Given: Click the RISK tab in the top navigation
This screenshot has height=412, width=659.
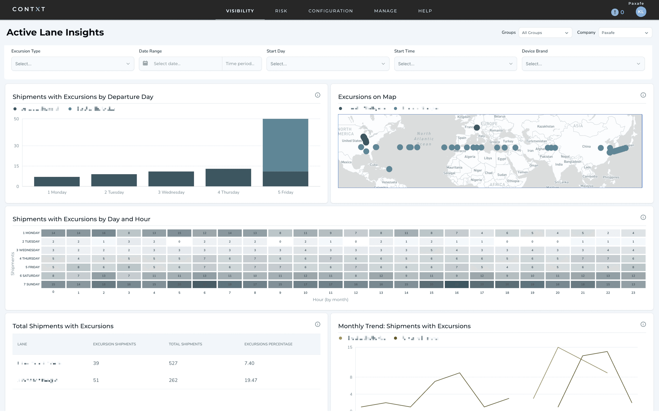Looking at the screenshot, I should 281,11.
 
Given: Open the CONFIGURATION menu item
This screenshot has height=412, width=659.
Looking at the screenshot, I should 331,11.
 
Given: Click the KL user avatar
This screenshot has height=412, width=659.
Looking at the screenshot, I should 640,12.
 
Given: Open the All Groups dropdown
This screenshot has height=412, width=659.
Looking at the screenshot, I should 545,33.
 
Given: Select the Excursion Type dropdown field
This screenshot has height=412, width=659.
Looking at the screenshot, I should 73,64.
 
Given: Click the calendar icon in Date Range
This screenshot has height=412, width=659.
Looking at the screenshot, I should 146,63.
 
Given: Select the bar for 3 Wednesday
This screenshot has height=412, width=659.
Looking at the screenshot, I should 171,179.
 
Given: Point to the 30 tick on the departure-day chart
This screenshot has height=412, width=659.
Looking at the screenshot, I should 16,146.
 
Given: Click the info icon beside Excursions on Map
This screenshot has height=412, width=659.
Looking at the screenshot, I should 643,95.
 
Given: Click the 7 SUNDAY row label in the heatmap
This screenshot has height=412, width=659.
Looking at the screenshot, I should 32,284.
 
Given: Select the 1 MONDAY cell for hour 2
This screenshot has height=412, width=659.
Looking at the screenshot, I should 104,233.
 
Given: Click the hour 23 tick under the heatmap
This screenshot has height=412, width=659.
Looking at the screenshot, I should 633,293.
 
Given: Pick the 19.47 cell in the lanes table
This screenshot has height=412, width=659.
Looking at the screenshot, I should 251,380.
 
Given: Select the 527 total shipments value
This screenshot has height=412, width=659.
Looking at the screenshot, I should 173,363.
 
